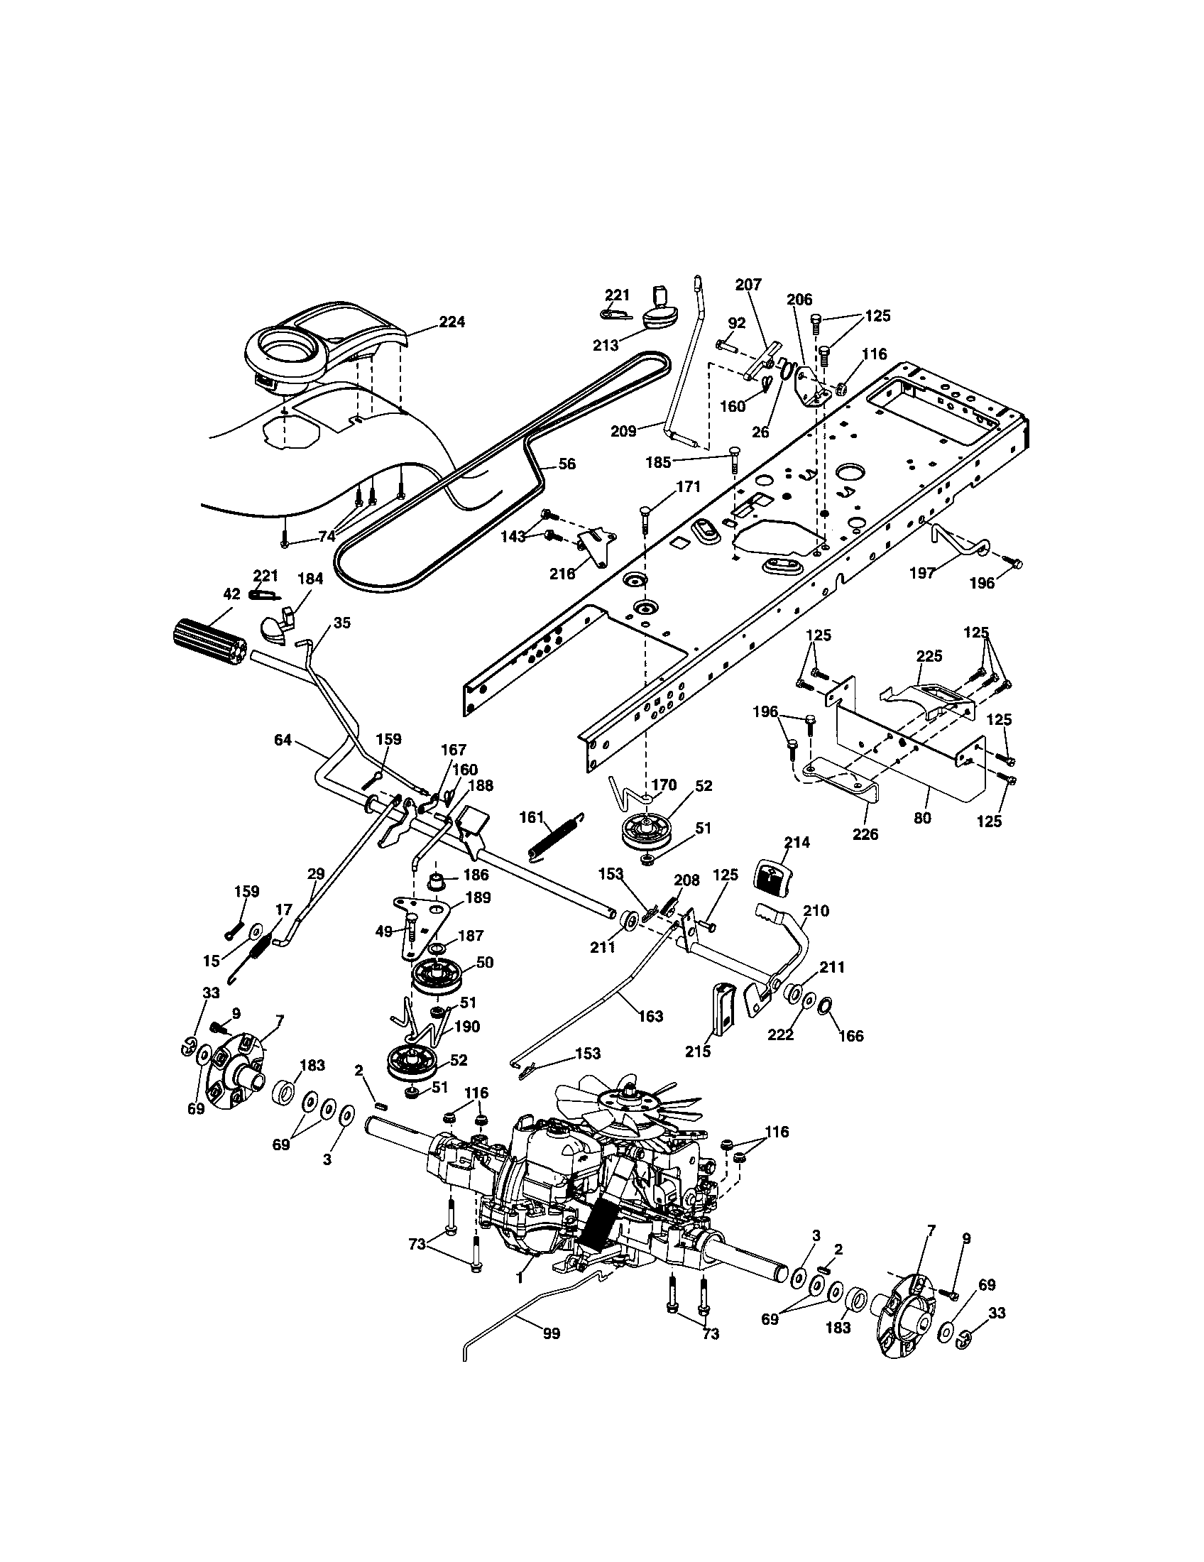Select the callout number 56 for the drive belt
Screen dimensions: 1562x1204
[567, 464]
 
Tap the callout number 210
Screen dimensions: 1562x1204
[816, 910]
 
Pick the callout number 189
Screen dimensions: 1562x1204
[478, 898]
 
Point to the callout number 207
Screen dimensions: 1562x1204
[748, 284]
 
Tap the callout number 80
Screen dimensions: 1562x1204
[922, 817]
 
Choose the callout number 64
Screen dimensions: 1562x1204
[283, 741]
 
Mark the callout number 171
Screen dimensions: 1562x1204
[688, 487]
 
